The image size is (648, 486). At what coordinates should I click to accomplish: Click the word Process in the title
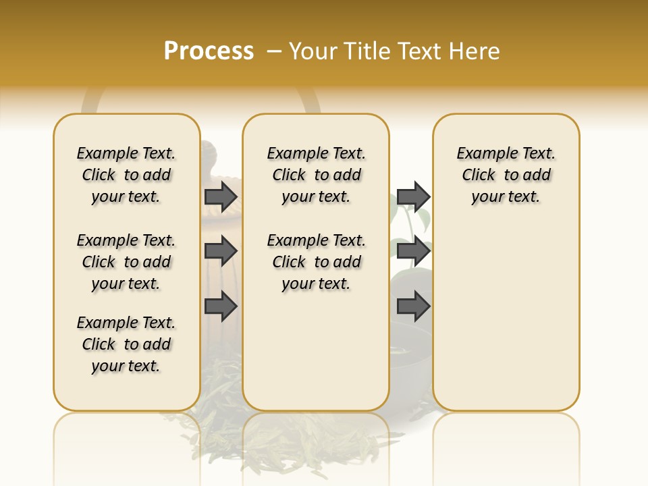(x=209, y=51)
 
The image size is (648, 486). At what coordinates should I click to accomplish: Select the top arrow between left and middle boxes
(x=221, y=197)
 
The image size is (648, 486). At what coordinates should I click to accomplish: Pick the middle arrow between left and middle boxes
(x=221, y=252)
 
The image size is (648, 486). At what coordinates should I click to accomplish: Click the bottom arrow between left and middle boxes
(x=221, y=306)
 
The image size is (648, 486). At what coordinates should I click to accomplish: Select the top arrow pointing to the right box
(x=413, y=197)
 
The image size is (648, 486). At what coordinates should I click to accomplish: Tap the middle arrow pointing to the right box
(x=413, y=252)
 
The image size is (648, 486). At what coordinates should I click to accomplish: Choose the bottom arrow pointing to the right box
(x=413, y=306)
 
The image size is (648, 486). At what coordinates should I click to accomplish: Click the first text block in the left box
(x=126, y=175)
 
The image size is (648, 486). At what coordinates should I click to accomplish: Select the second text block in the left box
(x=126, y=262)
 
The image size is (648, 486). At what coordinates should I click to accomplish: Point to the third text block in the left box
(x=126, y=344)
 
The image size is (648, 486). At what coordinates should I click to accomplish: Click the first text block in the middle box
(x=316, y=175)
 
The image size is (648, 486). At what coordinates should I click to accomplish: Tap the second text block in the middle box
(x=316, y=262)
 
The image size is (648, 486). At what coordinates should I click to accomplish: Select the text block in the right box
(x=506, y=175)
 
